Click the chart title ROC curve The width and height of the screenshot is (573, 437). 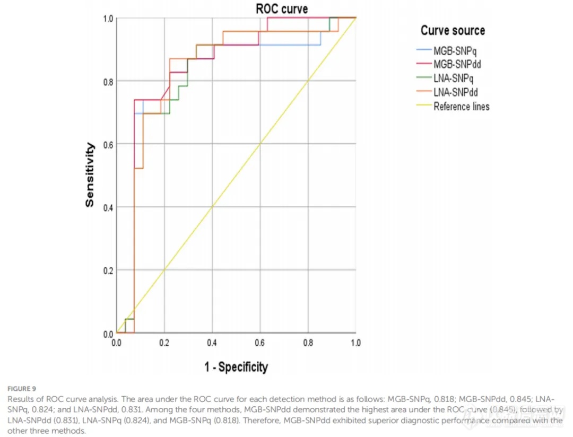(281, 9)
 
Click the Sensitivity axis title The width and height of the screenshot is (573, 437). (91, 174)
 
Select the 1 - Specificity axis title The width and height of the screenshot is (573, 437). (236, 366)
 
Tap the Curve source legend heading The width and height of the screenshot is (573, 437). (453, 30)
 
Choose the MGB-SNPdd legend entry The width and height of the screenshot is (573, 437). (460, 65)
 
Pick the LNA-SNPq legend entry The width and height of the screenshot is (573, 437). (457, 78)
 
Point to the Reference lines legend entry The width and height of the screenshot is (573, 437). (461, 106)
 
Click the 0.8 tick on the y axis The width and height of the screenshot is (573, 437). (108, 81)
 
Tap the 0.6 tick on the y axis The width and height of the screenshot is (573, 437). (108, 144)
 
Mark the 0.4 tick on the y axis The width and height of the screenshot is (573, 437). (108, 207)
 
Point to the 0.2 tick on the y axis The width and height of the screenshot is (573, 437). (108, 270)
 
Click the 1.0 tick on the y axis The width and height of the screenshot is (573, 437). (108, 19)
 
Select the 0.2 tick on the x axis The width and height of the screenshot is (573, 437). (164, 343)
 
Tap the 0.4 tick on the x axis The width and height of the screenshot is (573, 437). (212, 343)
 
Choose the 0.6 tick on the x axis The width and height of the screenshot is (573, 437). (260, 343)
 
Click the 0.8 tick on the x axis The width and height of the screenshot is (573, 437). (308, 343)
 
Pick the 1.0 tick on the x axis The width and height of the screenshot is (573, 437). (355, 343)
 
